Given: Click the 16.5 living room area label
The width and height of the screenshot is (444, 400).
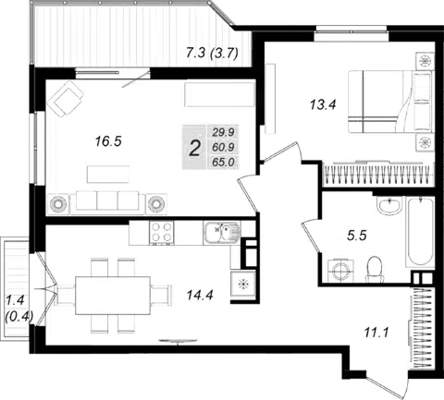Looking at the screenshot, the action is (108, 141).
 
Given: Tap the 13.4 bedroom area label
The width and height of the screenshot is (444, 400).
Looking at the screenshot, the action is (323, 105).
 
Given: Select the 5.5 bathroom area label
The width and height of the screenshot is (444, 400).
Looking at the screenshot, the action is (357, 236).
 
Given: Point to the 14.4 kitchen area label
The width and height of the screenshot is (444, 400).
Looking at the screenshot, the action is (200, 296).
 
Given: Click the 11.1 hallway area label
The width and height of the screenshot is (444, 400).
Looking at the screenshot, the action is (376, 333).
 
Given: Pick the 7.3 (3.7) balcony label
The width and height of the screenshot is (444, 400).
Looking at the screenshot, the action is (212, 53).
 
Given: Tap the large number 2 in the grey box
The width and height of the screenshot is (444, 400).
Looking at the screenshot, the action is (194, 148).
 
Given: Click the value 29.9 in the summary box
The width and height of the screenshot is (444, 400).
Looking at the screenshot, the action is (223, 132).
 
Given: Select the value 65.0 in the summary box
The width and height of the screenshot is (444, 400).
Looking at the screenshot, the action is (223, 162).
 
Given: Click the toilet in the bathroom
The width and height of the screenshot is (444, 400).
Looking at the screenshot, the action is (375, 269).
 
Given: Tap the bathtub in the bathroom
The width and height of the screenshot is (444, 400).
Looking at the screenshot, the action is (420, 233).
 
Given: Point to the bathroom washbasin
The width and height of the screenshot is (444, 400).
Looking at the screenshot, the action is (389, 204).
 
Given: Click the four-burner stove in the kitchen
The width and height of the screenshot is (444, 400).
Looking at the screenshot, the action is (161, 233).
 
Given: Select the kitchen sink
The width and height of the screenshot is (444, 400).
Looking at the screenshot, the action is (222, 233).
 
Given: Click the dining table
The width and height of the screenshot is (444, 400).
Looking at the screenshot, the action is (113, 296).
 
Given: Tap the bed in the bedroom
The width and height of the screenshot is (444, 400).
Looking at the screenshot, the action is (389, 102).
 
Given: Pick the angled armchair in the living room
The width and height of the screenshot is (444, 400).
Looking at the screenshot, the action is (65, 99).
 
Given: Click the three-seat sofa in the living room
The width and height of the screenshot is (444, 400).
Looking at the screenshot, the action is (107, 202).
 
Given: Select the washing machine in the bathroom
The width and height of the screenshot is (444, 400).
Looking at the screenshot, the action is (340, 271).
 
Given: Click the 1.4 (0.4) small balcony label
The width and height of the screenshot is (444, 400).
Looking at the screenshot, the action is (18, 308).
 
